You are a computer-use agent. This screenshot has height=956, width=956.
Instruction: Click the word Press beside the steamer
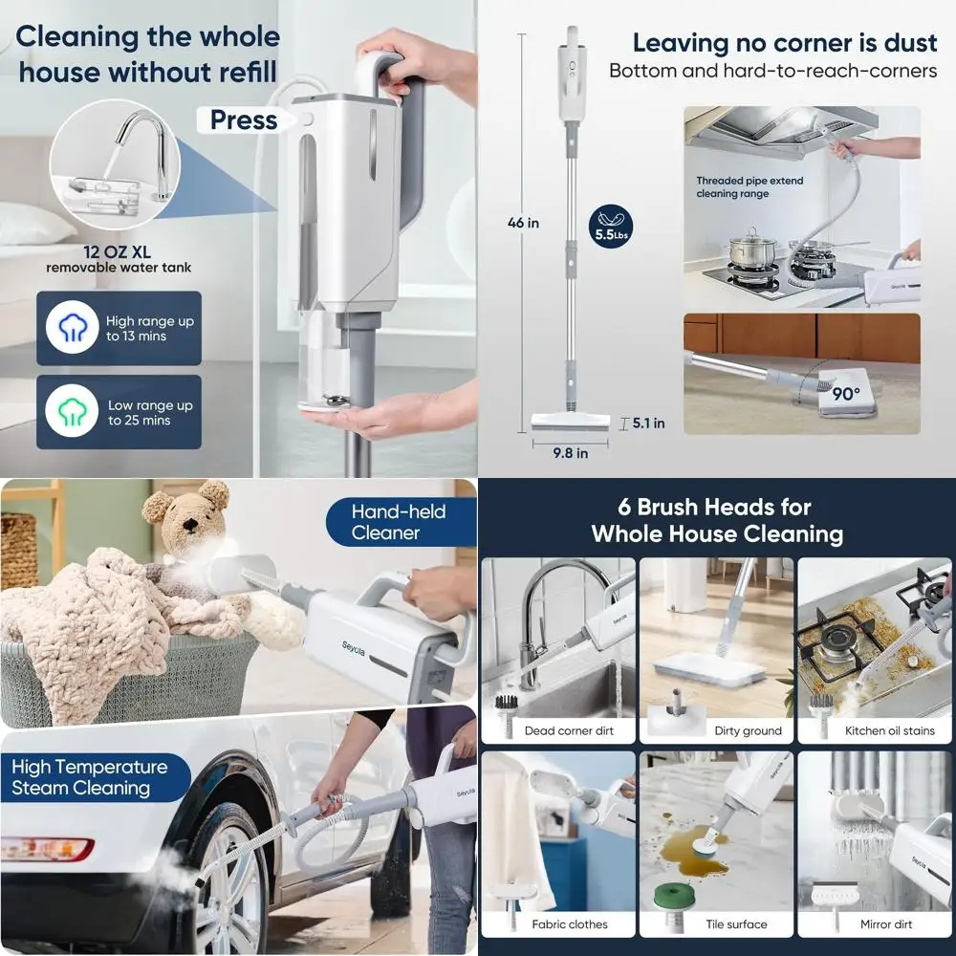click(243, 120)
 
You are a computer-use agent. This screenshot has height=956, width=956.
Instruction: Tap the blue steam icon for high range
click(72, 328)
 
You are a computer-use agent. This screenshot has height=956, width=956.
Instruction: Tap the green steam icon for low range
click(72, 411)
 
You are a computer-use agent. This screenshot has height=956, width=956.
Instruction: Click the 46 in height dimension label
click(523, 223)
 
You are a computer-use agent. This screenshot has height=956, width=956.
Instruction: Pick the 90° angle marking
click(844, 393)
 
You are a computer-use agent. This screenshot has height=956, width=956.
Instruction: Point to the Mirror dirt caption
click(886, 924)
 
